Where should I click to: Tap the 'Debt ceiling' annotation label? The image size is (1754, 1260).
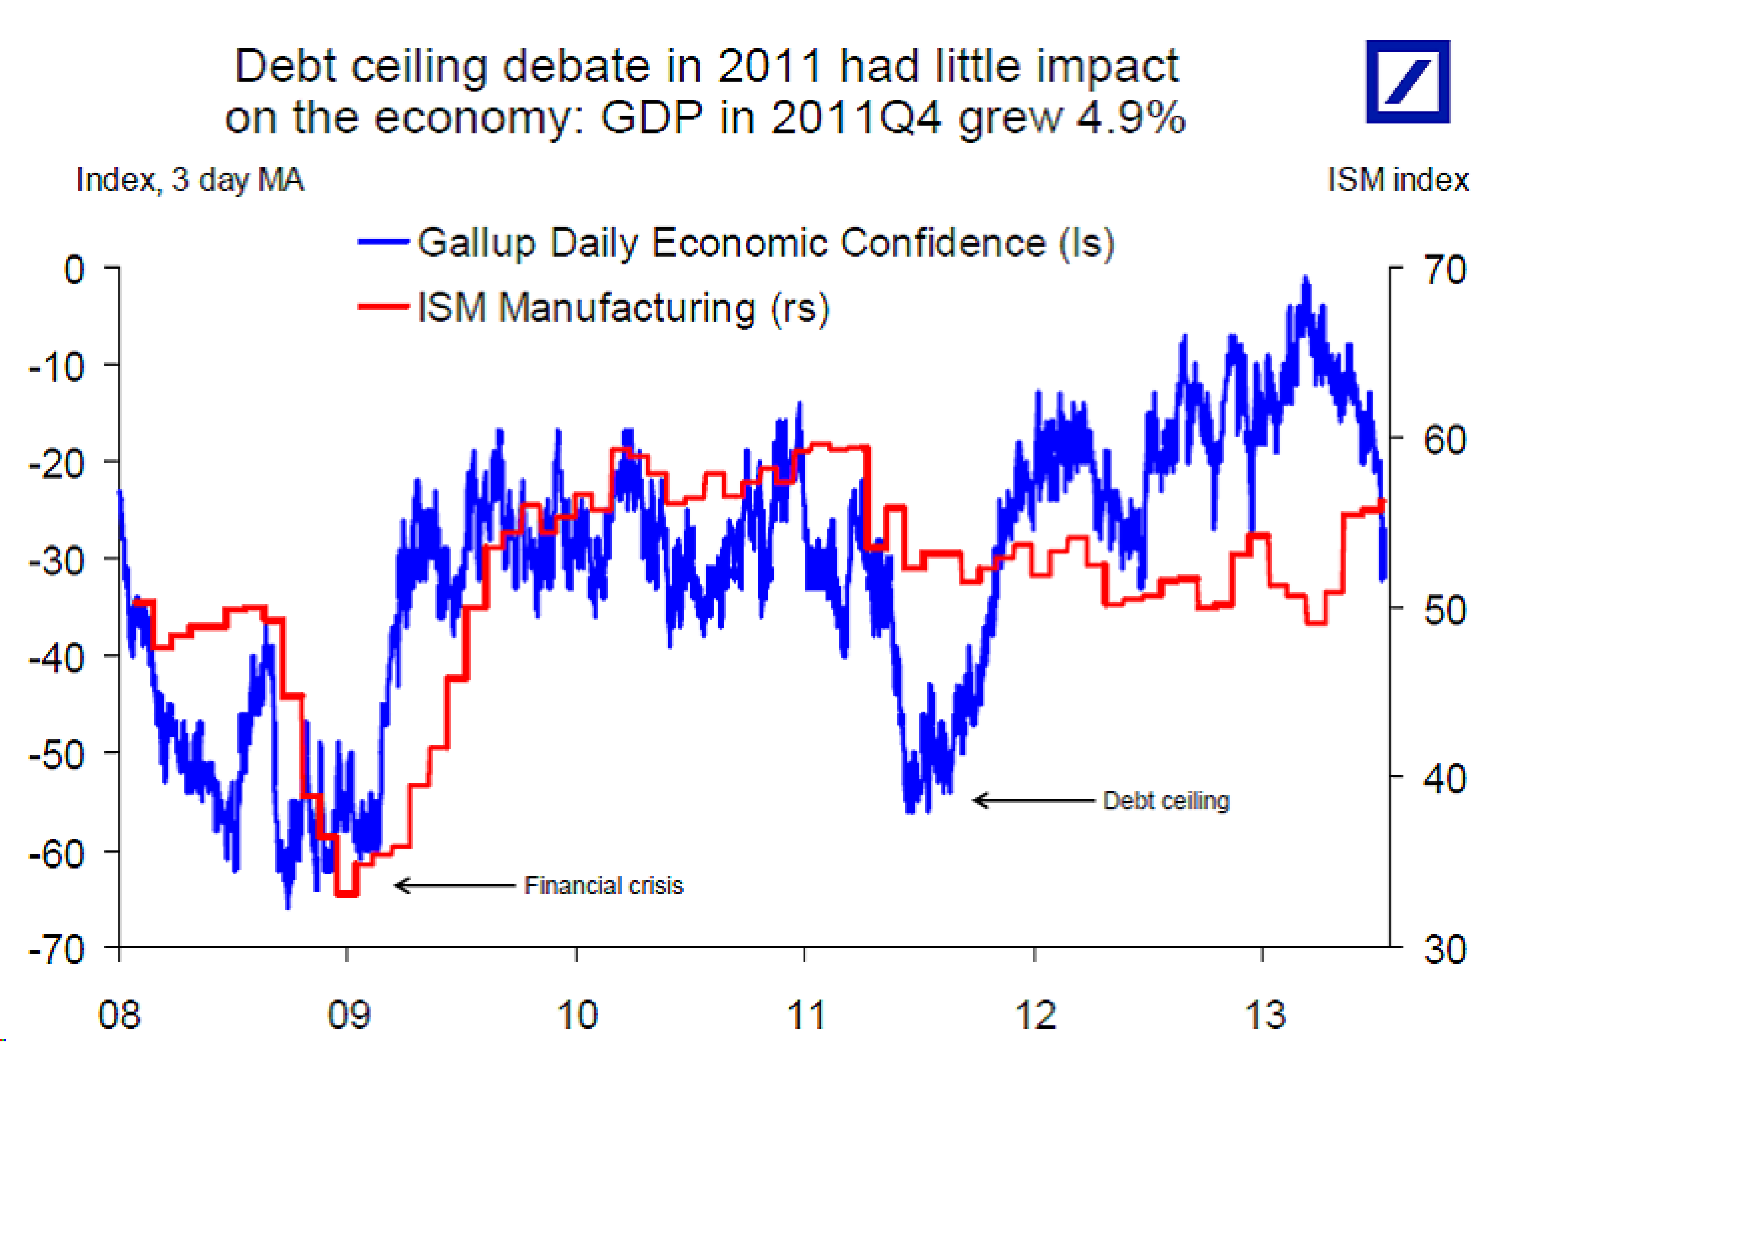coord(1166,800)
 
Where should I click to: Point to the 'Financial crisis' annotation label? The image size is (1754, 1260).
coord(603,886)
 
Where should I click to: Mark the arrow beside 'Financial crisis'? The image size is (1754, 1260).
coord(455,886)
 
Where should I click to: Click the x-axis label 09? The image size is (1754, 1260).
coord(349,1015)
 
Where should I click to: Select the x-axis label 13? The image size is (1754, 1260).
coord(1265,1015)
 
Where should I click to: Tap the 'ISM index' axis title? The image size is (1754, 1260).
coord(1397,180)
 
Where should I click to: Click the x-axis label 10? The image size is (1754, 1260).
coord(578,1015)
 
